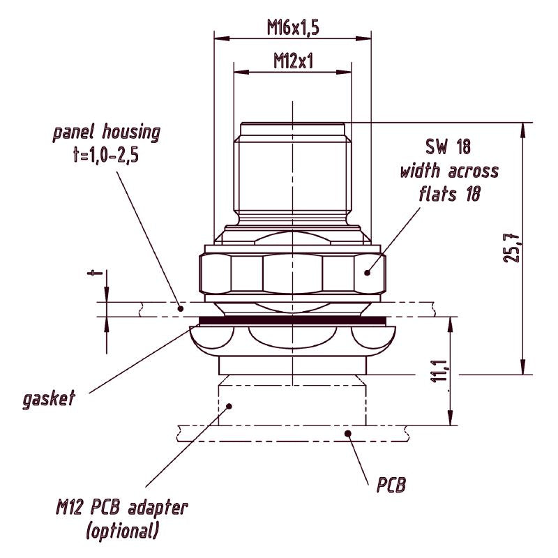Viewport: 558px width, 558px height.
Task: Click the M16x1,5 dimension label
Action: (293, 27)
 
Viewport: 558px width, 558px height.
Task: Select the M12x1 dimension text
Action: (293, 61)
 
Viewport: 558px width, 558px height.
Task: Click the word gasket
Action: (49, 398)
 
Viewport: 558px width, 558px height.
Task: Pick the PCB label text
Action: (391, 484)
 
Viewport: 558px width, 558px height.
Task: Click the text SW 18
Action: (448, 146)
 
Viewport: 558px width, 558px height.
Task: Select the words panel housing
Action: (107, 133)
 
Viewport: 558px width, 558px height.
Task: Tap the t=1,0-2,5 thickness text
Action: (105, 156)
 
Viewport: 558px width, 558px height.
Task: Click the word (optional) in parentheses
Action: (122, 531)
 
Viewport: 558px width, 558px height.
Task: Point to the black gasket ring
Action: (292, 321)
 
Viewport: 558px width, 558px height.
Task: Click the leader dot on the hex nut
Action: (368, 273)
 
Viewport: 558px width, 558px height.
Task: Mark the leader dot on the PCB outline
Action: (348, 433)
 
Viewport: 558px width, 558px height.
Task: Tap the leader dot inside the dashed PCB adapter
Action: (229, 406)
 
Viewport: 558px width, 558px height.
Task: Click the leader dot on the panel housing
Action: (181, 308)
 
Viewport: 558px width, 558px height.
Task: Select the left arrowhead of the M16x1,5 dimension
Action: (222, 38)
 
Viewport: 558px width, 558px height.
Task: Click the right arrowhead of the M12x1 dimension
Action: (343, 72)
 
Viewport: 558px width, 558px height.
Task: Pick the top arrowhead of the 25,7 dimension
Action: (522, 130)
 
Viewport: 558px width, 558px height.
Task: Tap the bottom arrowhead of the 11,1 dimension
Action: (451, 417)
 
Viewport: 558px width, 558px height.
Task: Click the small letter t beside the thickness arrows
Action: (95, 273)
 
